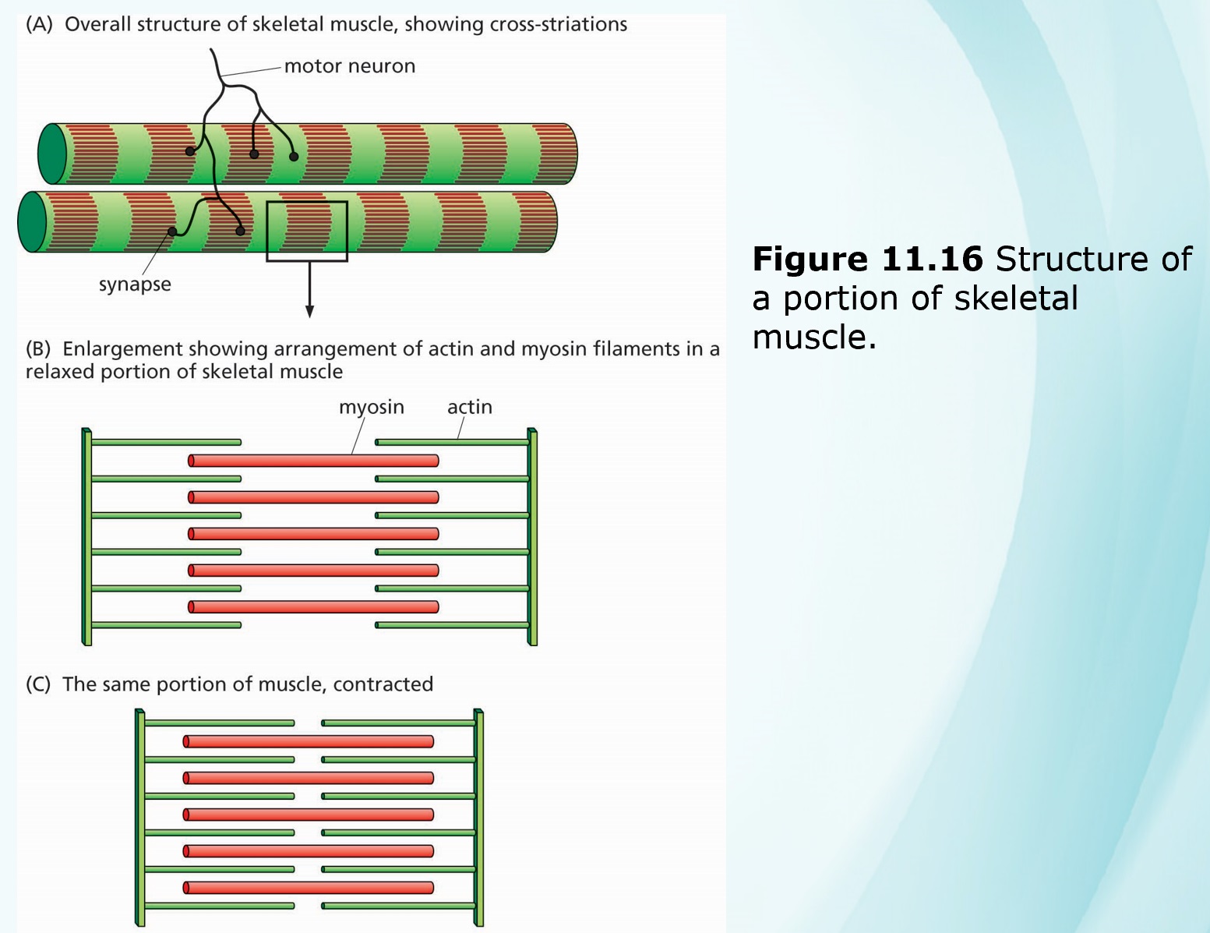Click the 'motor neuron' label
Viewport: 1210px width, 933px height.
349,66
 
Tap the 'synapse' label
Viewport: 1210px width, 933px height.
135,284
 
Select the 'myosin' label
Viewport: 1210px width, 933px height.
371,407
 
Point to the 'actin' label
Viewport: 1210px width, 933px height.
469,407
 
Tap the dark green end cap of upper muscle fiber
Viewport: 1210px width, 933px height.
53,154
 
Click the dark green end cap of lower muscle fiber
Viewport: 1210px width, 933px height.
33,222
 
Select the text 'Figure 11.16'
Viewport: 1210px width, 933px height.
867,260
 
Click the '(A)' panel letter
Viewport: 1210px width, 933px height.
39,24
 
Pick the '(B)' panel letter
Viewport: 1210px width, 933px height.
38,348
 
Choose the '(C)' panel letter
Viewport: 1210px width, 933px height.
38,684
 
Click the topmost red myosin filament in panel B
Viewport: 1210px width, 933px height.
313,461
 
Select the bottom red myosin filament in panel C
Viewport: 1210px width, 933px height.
309,888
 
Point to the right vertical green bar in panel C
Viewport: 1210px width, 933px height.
478,818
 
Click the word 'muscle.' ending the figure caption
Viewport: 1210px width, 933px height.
814,338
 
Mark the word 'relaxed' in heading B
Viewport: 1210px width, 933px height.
60,372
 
